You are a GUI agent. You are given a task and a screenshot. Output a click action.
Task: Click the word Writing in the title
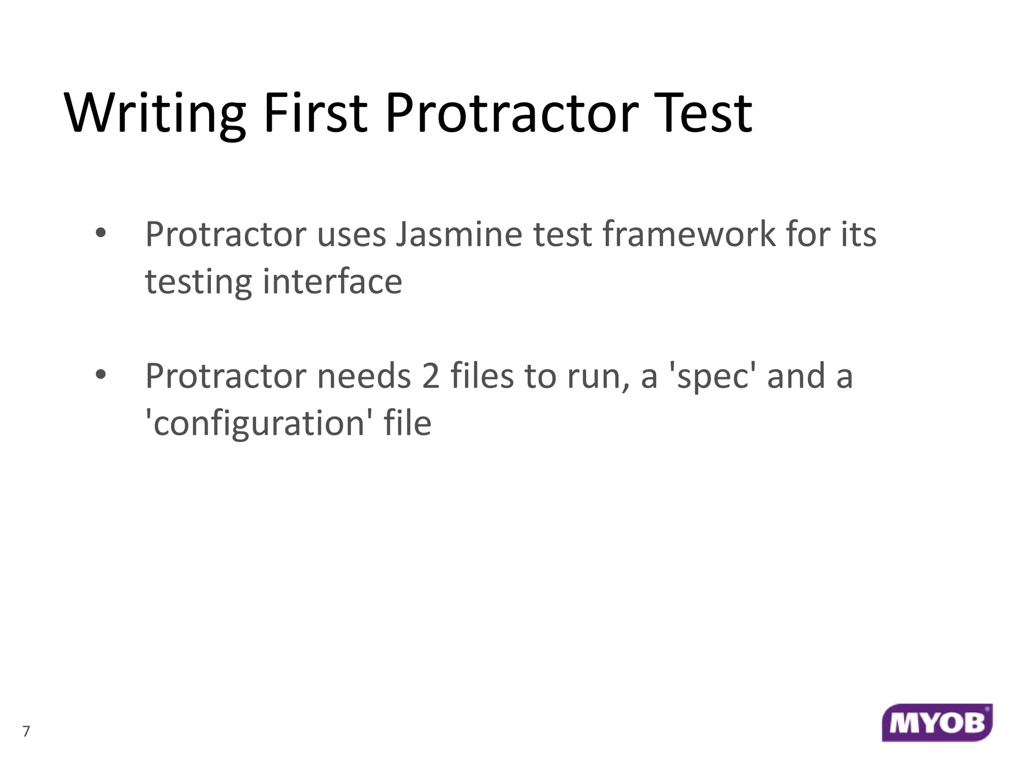pos(155,114)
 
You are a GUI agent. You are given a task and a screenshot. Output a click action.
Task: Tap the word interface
pos(333,281)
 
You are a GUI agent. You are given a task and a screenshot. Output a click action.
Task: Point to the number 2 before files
pos(430,376)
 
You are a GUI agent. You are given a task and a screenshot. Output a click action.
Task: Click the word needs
pos(364,376)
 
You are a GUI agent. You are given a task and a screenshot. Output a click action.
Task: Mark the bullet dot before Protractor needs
pos(100,375)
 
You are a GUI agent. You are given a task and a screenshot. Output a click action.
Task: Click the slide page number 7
pos(27,731)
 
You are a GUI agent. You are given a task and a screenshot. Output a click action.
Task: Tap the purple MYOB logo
pos(937,722)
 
